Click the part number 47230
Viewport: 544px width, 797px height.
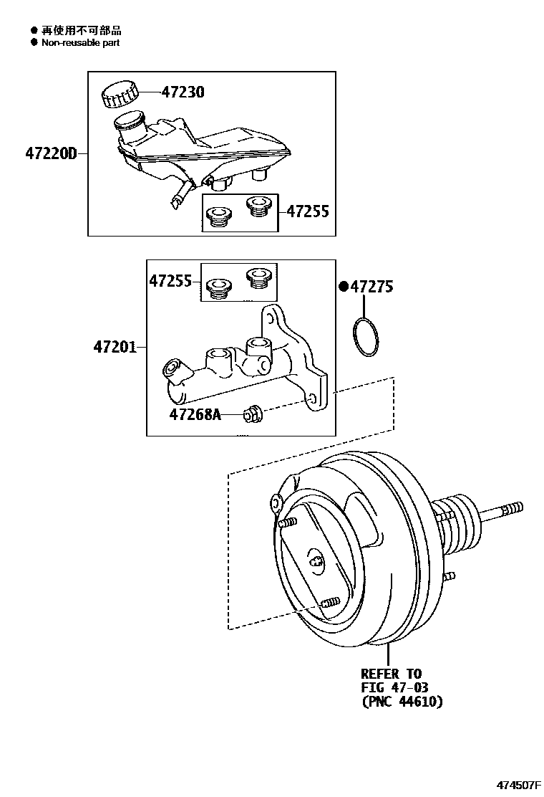click(182, 92)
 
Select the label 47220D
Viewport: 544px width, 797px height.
click(50, 153)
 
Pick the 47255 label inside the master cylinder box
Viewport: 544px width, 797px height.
click(170, 281)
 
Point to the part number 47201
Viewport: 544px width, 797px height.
click(114, 348)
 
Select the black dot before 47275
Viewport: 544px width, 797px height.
click(344, 287)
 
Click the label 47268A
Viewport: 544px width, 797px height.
click(195, 414)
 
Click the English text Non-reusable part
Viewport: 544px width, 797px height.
click(80, 42)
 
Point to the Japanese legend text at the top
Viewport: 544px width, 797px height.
click(81, 30)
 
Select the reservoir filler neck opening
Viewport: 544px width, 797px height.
click(129, 118)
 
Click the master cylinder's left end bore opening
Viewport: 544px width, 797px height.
click(172, 368)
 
